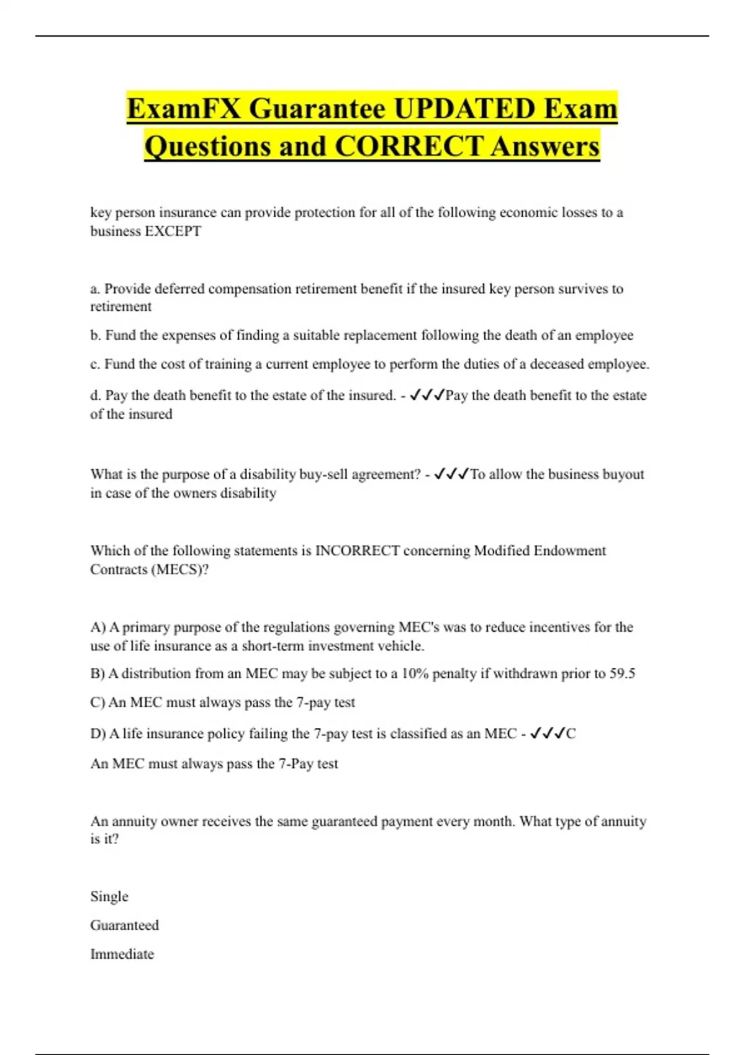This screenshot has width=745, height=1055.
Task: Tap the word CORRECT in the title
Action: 409,147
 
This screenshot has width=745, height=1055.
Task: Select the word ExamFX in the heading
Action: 184,109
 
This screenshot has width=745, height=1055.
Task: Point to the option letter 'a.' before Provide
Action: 95,289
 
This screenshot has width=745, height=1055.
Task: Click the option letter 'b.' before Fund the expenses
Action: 96,335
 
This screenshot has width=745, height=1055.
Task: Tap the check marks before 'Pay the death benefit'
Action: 427,395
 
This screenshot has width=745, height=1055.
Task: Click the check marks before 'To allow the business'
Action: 451,475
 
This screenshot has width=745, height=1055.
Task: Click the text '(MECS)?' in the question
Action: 179,570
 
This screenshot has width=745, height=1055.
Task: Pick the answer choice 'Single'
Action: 109,897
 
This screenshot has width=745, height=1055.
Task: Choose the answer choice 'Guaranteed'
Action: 124,925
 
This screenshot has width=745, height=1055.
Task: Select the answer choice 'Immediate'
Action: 122,954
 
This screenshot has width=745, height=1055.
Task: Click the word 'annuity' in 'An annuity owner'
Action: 133,822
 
